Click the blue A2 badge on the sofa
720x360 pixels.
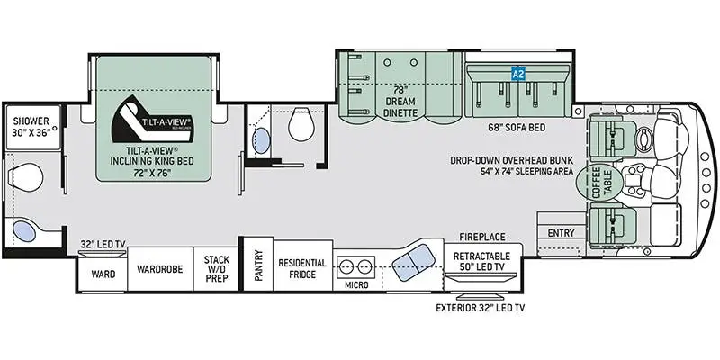[x=517, y=75]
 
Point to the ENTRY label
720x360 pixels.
[x=560, y=233]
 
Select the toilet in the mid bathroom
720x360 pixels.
[x=301, y=128]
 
